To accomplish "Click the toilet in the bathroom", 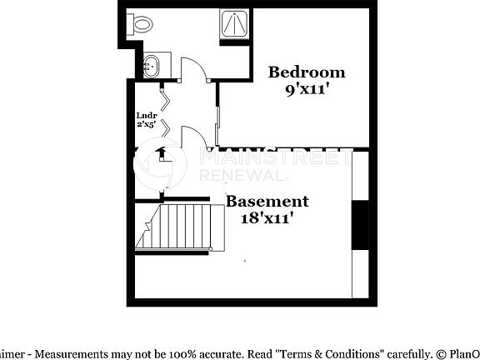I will coord(139,23).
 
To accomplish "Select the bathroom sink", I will coord(152,65).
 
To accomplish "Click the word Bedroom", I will coord(306,72).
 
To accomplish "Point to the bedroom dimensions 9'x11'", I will coord(306,89).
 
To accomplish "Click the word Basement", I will coord(267,202).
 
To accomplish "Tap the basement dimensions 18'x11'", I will coord(267,218).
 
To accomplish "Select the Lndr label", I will coord(147,116).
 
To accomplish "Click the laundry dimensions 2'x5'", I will coord(147,124).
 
